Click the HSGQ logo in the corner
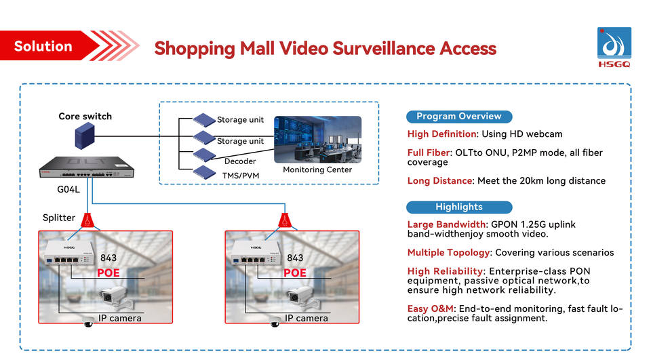[x=614, y=48]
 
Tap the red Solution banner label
[x=43, y=46]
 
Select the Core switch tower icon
[x=85, y=138]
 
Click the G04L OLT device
[x=84, y=168]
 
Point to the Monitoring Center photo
[x=317, y=139]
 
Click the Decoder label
[x=239, y=161]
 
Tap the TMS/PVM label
[x=240, y=176]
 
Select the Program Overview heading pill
[x=459, y=116]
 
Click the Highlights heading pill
[x=459, y=207]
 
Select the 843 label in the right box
[x=295, y=258]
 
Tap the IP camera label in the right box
[x=307, y=318]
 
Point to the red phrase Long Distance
[x=439, y=181]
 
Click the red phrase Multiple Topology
[x=449, y=253]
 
